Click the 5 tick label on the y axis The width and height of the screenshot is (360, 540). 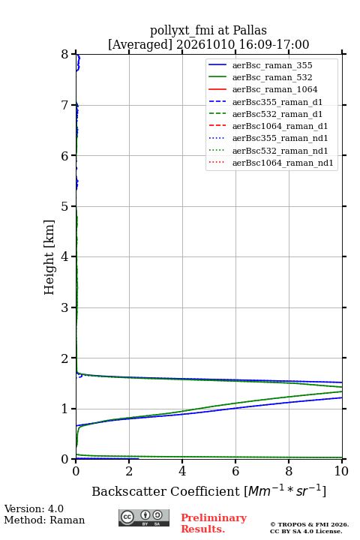[x=65, y=206]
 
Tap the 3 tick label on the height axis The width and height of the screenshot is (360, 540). [x=65, y=307]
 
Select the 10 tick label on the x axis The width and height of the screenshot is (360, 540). [x=341, y=471]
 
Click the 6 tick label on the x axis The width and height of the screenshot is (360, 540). [x=235, y=471]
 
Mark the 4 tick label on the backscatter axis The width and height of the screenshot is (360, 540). [x=182, y=471]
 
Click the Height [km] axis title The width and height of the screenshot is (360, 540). [x=49, y=257]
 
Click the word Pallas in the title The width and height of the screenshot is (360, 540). [x=250, y=31]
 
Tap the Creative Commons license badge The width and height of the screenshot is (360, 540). [x=144, y=517]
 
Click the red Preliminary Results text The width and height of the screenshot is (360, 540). [x=214, y=523]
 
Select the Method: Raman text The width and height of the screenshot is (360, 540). [x=44, y=520]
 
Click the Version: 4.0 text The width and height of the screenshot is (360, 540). [x=34, y=508]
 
